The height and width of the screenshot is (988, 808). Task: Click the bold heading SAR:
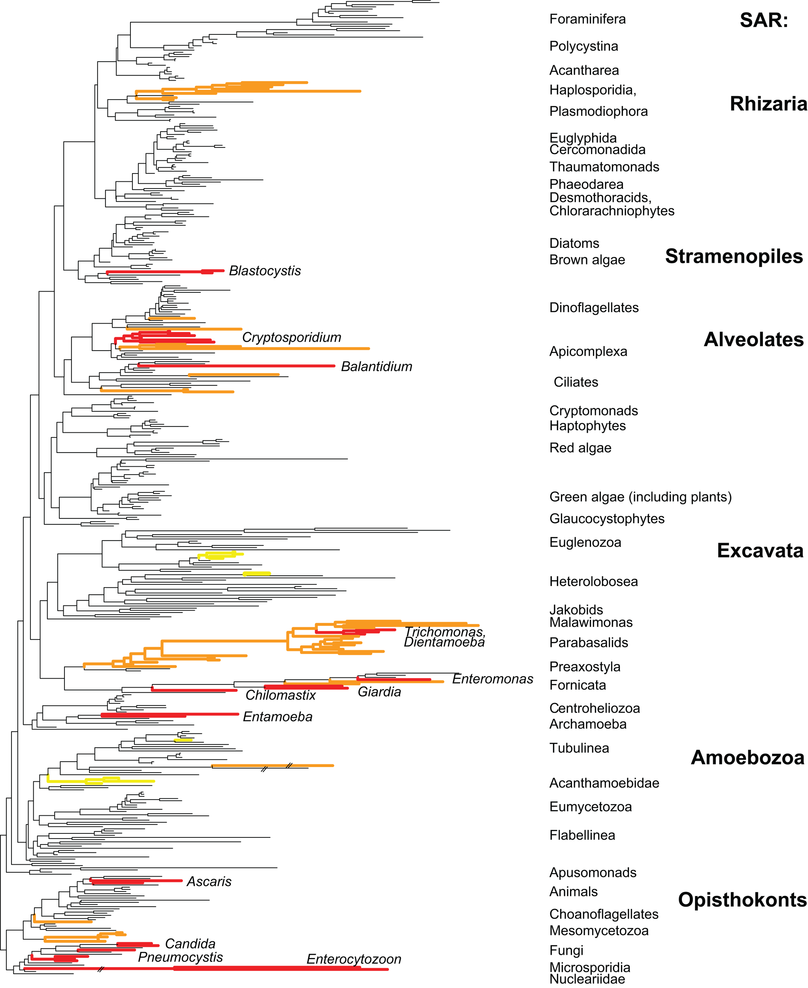(x=764, y=21)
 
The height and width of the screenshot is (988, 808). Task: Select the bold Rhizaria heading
(x=768, y=104)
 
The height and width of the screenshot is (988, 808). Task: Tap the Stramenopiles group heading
(x=734, y=256)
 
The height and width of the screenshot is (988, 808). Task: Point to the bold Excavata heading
(x=760, y=551)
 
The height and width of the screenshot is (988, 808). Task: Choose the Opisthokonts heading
(x=742, y=899)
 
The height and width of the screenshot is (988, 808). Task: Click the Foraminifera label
(x=587, y=19)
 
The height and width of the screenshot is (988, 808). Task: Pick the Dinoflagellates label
(x=594, y=307)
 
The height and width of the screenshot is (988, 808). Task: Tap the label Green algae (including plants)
(x=640, y=497)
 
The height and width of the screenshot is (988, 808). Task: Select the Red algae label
(x=580, y=448)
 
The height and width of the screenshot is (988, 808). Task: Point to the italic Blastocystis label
(x=265, y=271)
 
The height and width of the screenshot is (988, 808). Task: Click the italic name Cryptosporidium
(x=291, y=338)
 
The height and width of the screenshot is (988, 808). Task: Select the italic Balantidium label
(x=377, y=367)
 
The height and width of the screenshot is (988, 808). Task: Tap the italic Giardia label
(x=379, y=692)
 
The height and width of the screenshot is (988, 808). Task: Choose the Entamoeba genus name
(x=278, y=716)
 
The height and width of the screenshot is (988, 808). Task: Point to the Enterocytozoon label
(x=354, y=959)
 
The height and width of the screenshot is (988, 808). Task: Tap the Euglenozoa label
(x=585, y=542)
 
